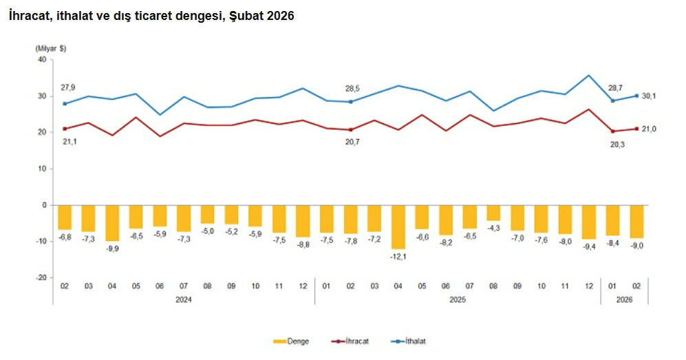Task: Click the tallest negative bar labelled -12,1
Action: (398, 226)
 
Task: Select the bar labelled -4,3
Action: (493, 213)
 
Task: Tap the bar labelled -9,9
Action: (112, 223)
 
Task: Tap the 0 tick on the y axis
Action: (43, 205)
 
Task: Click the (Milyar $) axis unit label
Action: (50, 48)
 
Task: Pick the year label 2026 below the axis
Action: (623, 299)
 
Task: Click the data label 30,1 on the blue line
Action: (650, 96)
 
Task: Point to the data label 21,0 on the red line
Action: (650, 129)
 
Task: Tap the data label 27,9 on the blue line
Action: (67, 87)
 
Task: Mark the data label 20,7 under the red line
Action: (351, 141)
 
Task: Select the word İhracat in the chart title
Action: (28, 16)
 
